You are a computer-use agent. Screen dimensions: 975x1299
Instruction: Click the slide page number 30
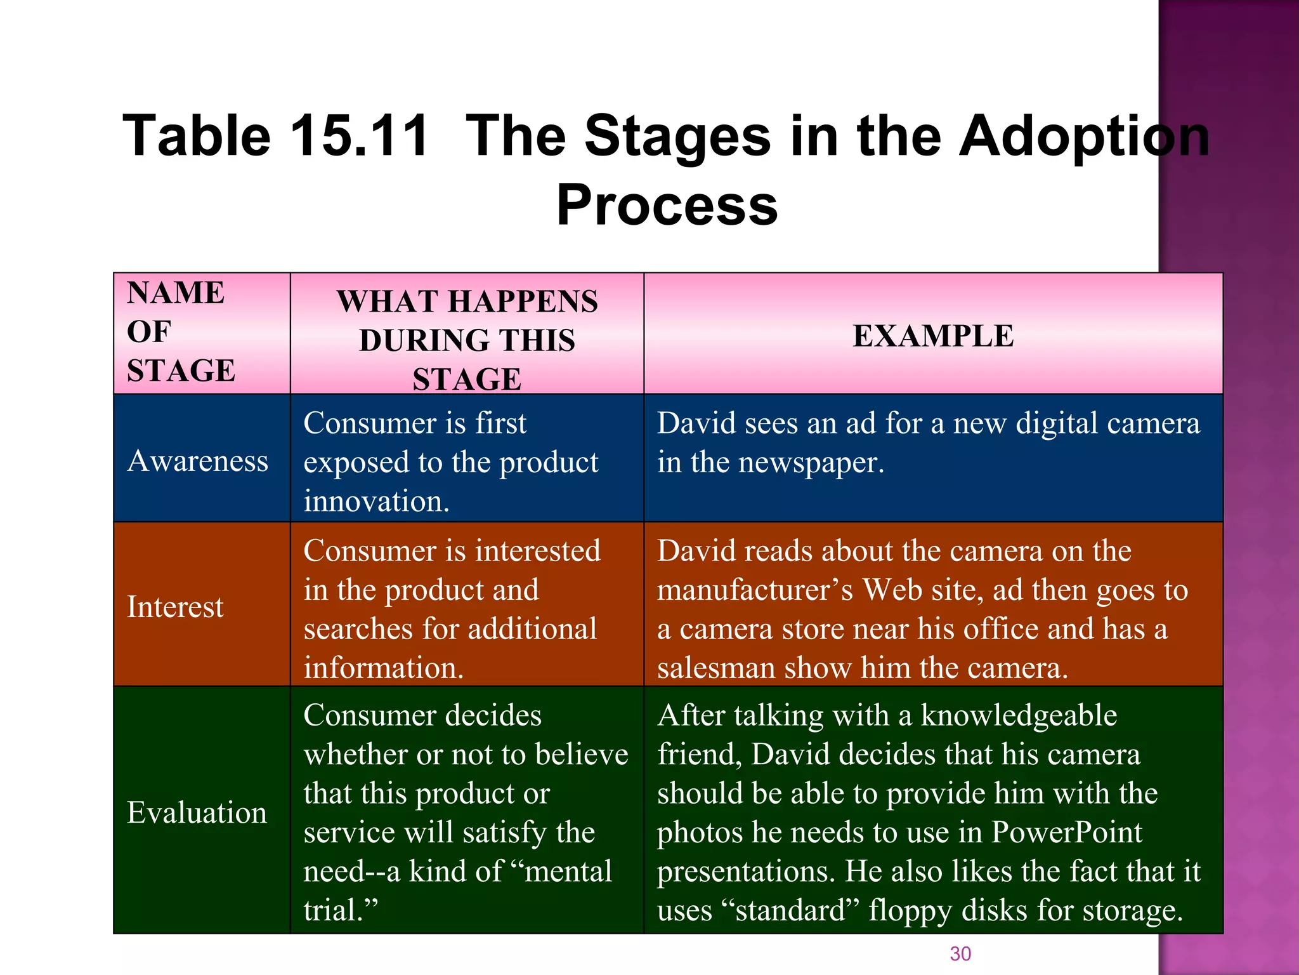(960, 953)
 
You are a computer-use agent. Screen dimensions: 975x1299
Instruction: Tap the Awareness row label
(198, 461)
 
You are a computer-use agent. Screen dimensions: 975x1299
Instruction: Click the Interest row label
(175, 607)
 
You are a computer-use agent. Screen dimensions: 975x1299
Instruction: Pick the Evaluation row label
(197, 812)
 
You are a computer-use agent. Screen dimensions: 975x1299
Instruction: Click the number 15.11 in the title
(359, 136)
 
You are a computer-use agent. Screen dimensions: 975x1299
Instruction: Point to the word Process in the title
(667, 204)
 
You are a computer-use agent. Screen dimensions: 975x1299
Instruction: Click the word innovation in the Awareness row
(376, 501)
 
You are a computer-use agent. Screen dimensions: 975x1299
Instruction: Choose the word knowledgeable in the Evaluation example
(1018, 716)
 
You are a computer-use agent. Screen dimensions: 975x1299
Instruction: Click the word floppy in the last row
(910, 911)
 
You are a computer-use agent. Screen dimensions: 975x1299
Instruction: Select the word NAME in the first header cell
(176, 293)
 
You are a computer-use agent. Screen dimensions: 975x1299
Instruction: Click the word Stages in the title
(677, 136)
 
